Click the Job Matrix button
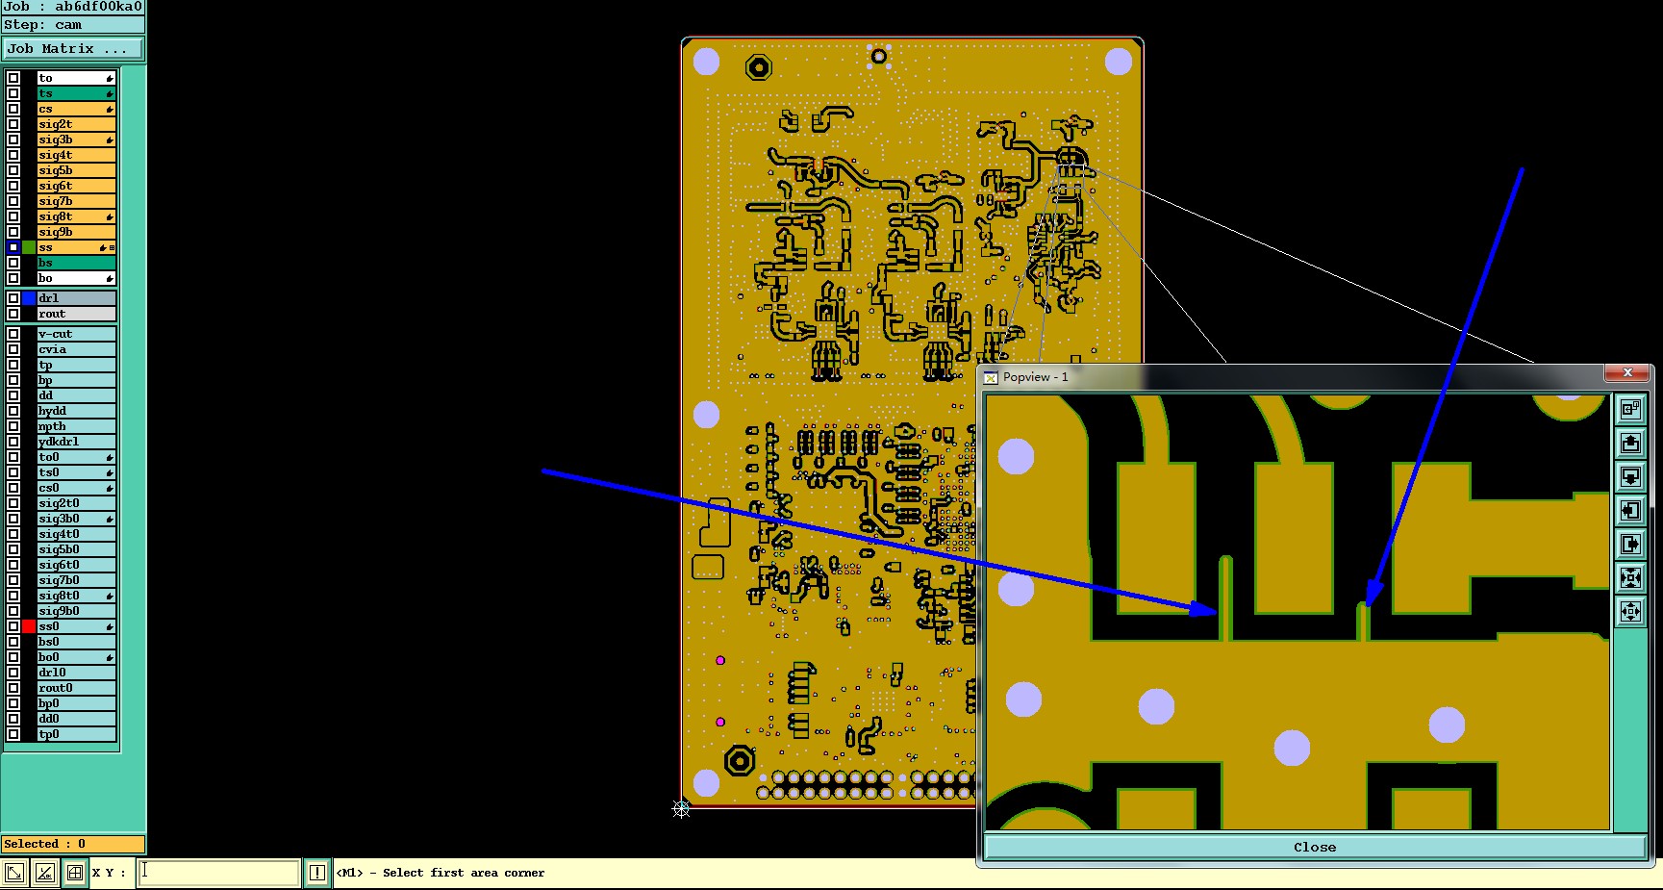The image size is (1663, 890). click(73, 48)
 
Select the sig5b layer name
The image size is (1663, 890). click(55, 170)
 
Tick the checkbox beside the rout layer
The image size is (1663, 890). click(13, 314)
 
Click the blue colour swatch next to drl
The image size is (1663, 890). click(29, 298)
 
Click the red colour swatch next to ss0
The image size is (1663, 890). click(29, 626)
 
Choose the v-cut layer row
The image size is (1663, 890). click(76, 334)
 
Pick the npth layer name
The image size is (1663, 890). click(52, 426)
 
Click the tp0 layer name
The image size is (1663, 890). click(49, 734)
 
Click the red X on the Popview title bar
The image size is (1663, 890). click(1626, 373)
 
